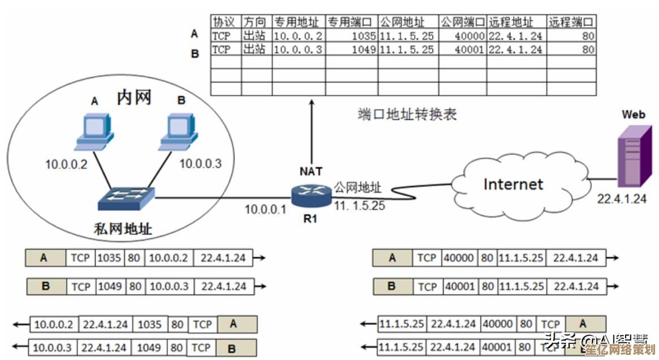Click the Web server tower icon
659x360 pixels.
point(632,155)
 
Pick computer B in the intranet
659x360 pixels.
point(180,133)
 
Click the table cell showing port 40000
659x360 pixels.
point(463,36)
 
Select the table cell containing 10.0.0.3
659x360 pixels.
point(298,49)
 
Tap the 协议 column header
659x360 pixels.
point(224,22)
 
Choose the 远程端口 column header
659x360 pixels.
point(571,22)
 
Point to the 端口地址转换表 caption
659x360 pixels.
point(407,114)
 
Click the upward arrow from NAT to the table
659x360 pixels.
point(311,130)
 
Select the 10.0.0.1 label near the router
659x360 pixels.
point(266,209)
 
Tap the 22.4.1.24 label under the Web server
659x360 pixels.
point(622,198)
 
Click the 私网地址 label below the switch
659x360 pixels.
point(123,229)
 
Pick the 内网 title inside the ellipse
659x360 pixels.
point(134,98)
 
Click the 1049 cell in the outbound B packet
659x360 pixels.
point(109,287)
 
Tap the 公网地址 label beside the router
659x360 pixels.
point(357,188)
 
